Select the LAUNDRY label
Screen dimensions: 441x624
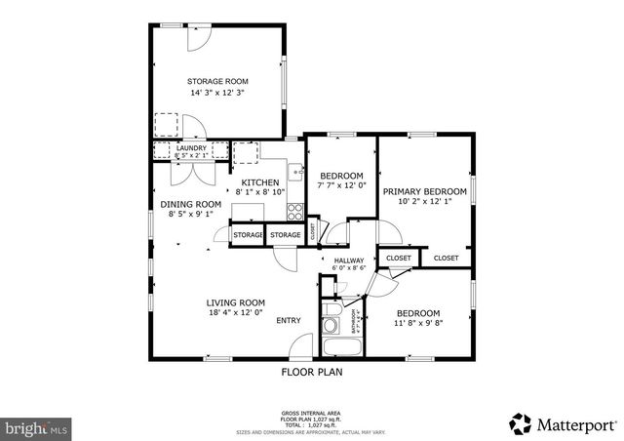tap(191, 148)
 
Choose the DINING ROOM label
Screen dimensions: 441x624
tap(191, 204)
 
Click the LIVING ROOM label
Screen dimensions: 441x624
tap(235, 302)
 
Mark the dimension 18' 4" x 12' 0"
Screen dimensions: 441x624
tap(235, 314)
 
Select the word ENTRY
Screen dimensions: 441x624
tap(289, 321)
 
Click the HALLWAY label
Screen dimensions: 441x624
tap(348, 261)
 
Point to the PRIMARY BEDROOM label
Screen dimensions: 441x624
tap(424, 191)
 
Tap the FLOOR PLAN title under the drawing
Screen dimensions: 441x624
tap(312, 372)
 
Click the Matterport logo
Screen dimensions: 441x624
tap(564, 423)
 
